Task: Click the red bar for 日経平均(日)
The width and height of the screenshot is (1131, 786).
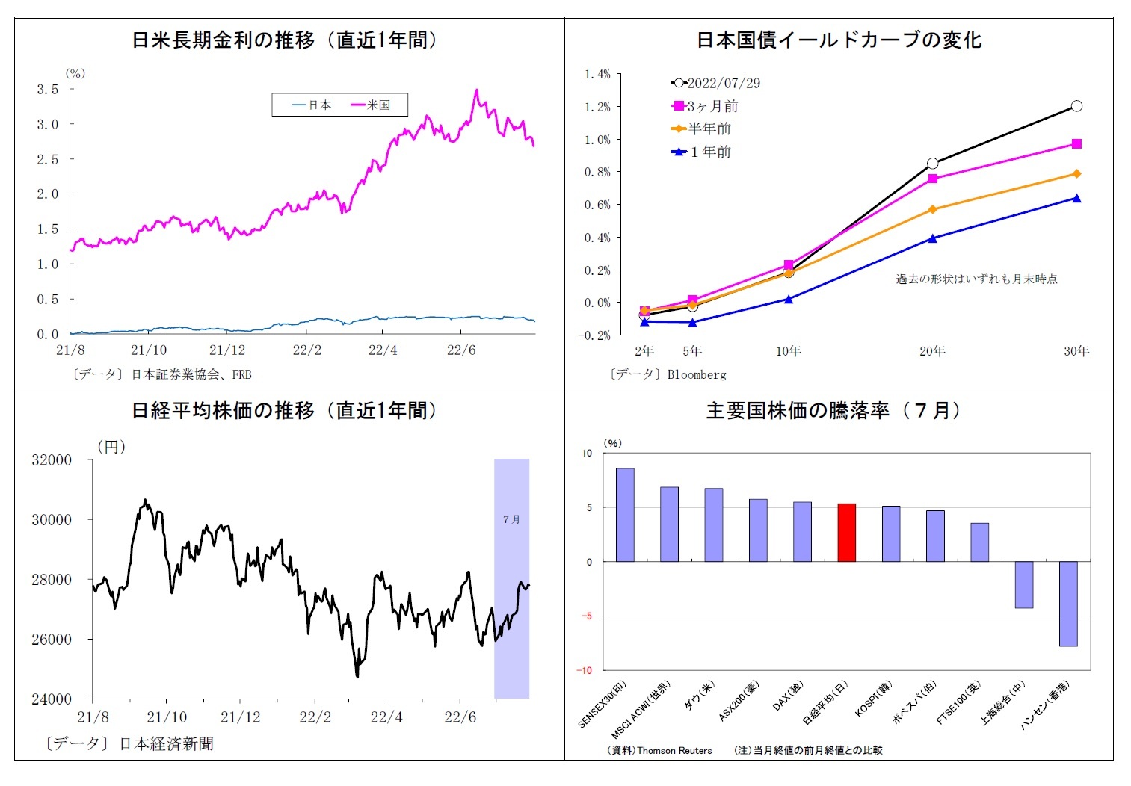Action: (x=846, y=533)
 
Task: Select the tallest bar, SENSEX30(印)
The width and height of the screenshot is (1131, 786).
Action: (x=625, y=515)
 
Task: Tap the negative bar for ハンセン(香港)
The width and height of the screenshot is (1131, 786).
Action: (x=1068, y=604)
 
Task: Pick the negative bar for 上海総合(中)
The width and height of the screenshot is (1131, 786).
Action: (x=1024, y=585)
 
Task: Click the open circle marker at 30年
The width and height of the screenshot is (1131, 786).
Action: (x=1076, y=106)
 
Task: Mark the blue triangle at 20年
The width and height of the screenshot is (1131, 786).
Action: (x=933, y=238)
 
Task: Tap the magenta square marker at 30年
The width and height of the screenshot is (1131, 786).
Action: (x=1076, y=144)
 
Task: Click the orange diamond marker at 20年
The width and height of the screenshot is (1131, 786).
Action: (x=933, y=209)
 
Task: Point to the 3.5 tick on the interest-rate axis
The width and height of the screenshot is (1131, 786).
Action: (x=48, y=90)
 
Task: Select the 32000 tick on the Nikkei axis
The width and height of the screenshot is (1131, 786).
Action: (x=52, y=460)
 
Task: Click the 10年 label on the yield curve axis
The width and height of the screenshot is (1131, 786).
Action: (x=788, y=351)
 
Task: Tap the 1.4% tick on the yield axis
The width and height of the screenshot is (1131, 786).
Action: (x=597, y=74)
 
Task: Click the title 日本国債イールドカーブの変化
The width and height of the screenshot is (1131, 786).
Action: (x=839, y=40)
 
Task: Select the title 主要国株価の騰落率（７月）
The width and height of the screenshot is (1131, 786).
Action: (x=833, y=410)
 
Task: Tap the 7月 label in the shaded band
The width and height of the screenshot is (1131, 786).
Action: (x=511, y=519)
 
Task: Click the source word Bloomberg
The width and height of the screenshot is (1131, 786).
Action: (x=697, y=374)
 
